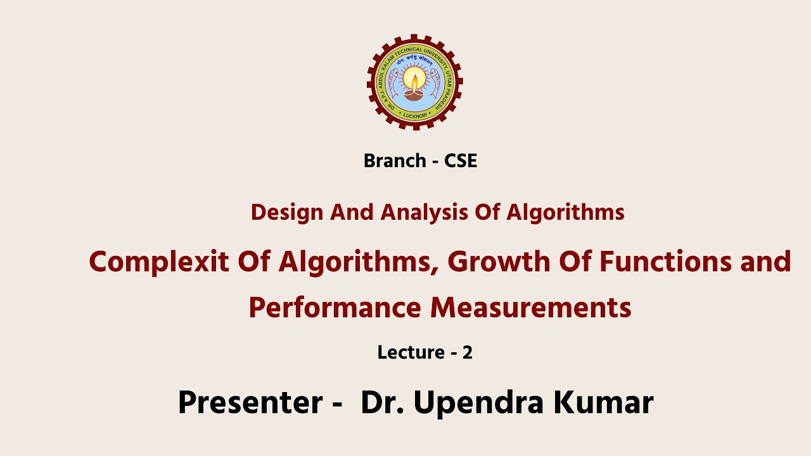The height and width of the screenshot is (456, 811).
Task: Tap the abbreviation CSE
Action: [x=461, y=161]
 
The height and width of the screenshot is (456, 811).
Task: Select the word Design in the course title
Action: [x=286, y=212]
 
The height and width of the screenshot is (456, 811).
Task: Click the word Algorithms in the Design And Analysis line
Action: [x=565, y=212]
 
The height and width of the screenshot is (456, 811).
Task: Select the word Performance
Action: [x=335, y=308]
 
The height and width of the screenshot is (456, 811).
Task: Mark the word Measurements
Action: [x=531, y=308]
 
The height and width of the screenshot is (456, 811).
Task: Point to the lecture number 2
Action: [x=468, y=352]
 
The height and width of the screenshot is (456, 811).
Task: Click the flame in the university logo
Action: [x=414, y=80]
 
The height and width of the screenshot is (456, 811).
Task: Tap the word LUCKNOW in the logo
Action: [x=415, y=116]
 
